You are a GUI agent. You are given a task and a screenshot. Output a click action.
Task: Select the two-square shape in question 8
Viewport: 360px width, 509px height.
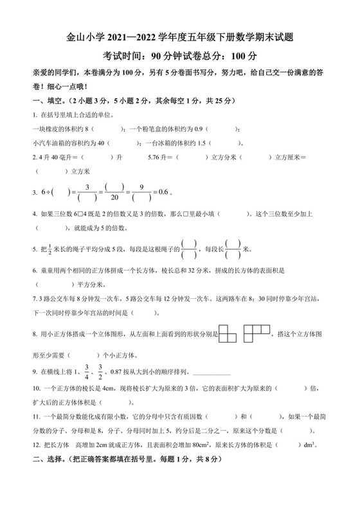click(228, 333)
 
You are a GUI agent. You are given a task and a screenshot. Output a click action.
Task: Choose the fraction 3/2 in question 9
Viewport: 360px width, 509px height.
click(100, 371)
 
